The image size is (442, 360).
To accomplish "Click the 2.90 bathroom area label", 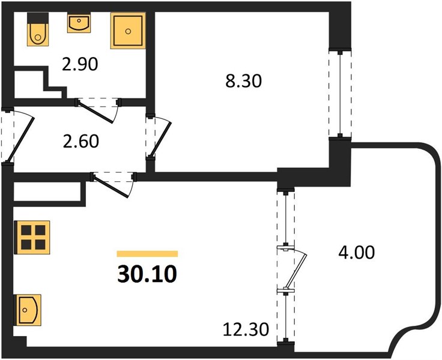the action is pyautogui.click(x=80, y=65).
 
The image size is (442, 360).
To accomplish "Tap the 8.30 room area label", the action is pyautogui.click(x=244, y=81).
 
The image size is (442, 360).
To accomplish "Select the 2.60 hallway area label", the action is pyautogui.click(x=80, y=141).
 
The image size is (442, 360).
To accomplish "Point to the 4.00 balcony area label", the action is pyautogui.click(x=356, y=253).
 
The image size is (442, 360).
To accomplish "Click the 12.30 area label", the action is pyautogui.click(x=246, y=329).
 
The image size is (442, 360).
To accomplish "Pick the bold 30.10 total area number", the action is pyautogui.click(x=147, y=274).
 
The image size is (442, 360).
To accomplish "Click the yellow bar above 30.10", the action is pyautogui.click(x=147, y=254).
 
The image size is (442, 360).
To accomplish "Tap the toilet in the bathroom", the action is pyautogui.click(x=38, y=29).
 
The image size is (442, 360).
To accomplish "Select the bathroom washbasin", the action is pyautogui.click(x=79, y=23).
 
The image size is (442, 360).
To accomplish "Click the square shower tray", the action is pyautogui.click(x=128, y=31).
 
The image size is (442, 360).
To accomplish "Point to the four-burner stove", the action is pyautogui.click(x=33, y=237).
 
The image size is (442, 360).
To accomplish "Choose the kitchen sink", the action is pyautogui.click(x=28, y=310).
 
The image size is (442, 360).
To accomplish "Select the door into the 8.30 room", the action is pyautogui.click(x=160, y=137).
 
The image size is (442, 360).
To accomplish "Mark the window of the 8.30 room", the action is pyautogui.click(x=341, y=94).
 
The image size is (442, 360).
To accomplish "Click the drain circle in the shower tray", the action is pyautogui.click(x=129, y=31).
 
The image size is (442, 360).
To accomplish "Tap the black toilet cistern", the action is pyautogui.click(x=38, y=19).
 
